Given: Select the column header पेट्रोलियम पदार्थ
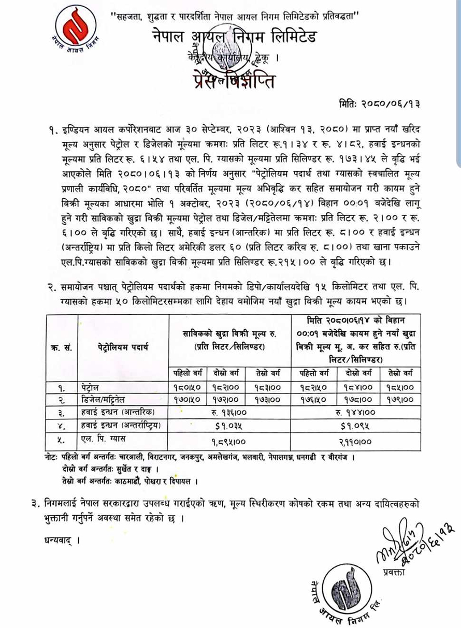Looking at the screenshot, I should coord(122,347).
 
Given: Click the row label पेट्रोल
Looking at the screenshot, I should coord(94,386).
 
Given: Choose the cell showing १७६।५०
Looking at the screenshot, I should coord(317,399).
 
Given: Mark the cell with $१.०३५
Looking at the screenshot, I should coord(228,426).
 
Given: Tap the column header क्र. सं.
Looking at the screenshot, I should coord(62,347).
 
